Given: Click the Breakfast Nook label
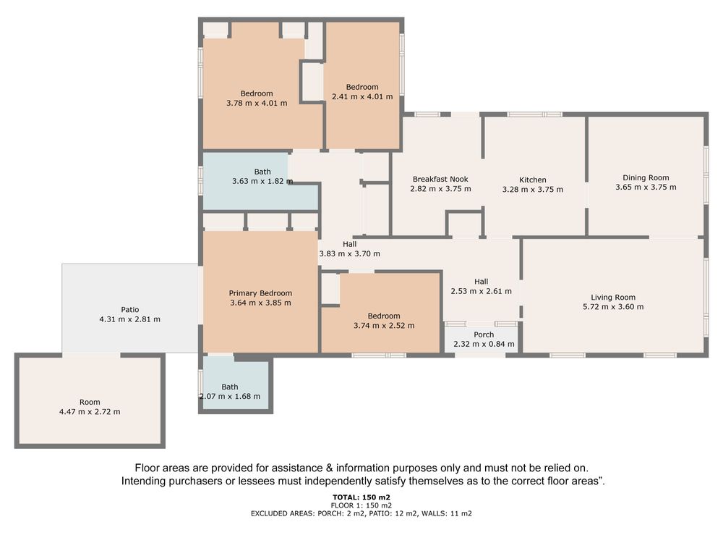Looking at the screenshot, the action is pyautogui.click(x=440, y=179).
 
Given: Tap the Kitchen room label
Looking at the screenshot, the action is pyautogui.click(x=533, y=180).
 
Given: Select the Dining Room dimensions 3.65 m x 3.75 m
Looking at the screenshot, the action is pyautogui.click(x=646, y=188).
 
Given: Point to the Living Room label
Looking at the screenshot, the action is pyautogui.click(x=613, y=298).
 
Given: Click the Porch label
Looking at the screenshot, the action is pyautogui.click(x=484, y=334).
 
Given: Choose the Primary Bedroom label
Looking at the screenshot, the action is pyautogui.click(x=260, y=293).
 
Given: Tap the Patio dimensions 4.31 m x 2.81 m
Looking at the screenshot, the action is pyautogui.click(x=129, y=319).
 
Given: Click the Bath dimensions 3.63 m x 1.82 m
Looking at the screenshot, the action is pyautogui.click(x=262, y=182).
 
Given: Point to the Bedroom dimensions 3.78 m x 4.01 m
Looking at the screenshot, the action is pyautogui.click(x=257, y=104).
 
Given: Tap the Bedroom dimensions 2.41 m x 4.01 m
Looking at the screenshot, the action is pyautogui.click(x=362, y=97).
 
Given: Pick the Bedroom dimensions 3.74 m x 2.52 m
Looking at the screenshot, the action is pyautogui.click(x=384, y=326).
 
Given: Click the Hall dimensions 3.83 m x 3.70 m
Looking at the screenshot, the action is pyautogui.click(x=349, y=254).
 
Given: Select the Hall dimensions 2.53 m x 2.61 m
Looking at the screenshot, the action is pyautogui.click(x=481, y=291).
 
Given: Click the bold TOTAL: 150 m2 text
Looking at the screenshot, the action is pyautogui.click(x=361, y=497).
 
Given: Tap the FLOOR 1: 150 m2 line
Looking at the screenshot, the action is pyautogui.click(x=361, y=505).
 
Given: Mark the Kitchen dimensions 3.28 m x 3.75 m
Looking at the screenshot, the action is pyautogui.click(x=533, y=190).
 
